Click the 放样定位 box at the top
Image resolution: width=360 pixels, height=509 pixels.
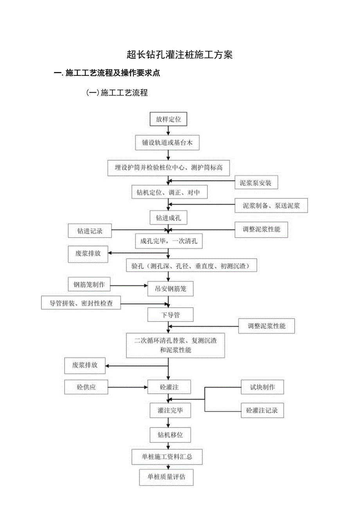click(x=168, y=119)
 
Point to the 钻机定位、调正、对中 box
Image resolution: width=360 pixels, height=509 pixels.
click(x=168, y=192)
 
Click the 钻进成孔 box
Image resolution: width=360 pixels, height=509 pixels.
click(x=168, y=218)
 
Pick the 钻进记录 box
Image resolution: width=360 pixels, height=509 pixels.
click(x=90, y=231)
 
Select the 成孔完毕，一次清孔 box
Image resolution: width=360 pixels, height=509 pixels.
click(x=169, y=241)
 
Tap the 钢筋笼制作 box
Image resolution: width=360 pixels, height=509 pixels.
click(x=89, y=284)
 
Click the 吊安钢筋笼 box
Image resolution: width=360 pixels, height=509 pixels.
click(x=170, y=289)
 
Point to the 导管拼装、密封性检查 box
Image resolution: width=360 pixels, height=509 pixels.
click(x=81, y=303)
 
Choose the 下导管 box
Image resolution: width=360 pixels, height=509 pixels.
click(x=170, y=315)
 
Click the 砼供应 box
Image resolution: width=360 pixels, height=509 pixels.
click(x=86, y=387)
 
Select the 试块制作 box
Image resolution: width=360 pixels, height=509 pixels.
click(x=262, y=387)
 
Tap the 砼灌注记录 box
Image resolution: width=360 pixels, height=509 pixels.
click(x=262, y=410)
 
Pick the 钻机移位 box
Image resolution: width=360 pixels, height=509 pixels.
click(x=170, y=435)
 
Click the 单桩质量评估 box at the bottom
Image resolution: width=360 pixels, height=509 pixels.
click(x=166, y=477)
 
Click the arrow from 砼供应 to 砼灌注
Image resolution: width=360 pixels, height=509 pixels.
click(x=128, y=387)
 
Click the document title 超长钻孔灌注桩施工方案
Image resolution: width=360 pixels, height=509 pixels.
click(x=180, y=55)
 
